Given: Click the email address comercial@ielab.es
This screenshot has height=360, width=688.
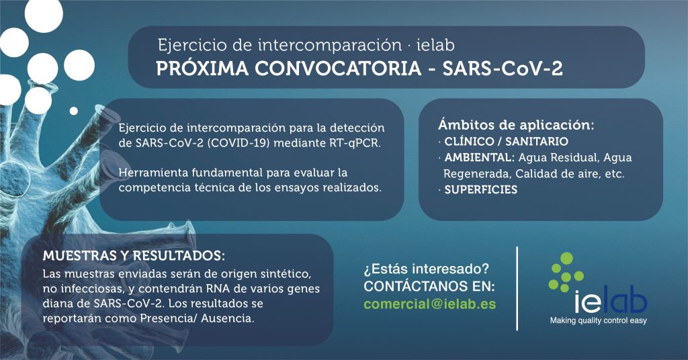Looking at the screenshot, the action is (x=430, y=304).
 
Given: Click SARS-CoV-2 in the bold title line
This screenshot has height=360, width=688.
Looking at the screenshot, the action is (x=503, y=69).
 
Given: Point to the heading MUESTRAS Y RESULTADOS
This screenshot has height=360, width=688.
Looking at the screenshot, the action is (x=134, y=256).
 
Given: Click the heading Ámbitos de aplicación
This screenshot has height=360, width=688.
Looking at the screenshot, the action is (x=516, y=125).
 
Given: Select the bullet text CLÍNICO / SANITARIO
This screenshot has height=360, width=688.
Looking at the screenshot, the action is (x=507, y=142).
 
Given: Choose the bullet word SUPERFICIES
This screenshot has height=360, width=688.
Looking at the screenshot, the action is (x=481, y=190).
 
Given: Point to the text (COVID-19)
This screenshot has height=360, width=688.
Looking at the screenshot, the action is (x=237, y=143).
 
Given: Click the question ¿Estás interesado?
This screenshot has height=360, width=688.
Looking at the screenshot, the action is (x=426, y=269).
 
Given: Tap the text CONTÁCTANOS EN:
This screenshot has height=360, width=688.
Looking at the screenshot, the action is (x=429, y=286).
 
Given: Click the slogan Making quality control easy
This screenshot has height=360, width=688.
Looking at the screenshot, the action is (x=599, y=320).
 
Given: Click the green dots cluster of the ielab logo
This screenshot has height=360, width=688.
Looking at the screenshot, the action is (x=566, y=272).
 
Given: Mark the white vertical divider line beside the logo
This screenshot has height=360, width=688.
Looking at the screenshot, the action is (x=517, y=288).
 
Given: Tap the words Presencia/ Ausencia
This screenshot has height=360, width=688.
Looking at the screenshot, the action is (x=197, y=318).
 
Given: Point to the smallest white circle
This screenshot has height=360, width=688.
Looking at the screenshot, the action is (x=74, y=111).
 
